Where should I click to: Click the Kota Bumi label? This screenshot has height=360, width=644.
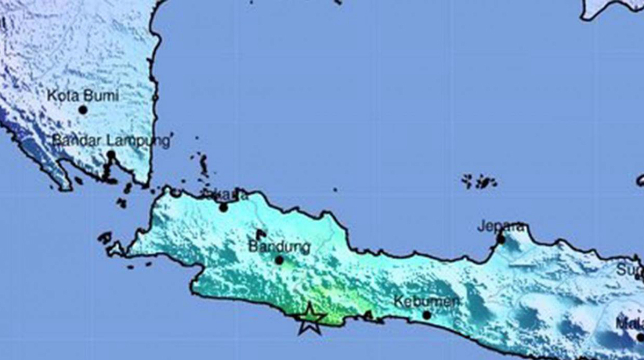(83, 95)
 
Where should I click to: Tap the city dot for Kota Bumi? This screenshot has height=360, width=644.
(83, 110)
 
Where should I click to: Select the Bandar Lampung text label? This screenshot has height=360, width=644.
(111, 140)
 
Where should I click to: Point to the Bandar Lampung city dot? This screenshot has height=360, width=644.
(111, 155)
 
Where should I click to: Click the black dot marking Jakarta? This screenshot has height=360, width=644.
(223, 208)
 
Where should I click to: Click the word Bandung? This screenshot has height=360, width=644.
(279, 247)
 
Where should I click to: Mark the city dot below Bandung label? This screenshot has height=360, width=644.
(279, 260)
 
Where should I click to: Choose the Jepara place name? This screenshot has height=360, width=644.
(502, 226)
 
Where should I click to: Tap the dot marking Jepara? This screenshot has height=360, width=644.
(501, 239)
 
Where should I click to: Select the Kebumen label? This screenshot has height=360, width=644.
(427, 301)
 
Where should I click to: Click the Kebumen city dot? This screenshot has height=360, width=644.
(426, 314)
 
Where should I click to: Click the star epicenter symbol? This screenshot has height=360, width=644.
(309, 319)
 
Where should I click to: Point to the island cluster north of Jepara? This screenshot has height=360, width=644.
(480, 181)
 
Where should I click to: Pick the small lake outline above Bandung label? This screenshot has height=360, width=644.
(261, 235)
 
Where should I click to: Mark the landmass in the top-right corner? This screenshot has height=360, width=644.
(612, 9)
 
